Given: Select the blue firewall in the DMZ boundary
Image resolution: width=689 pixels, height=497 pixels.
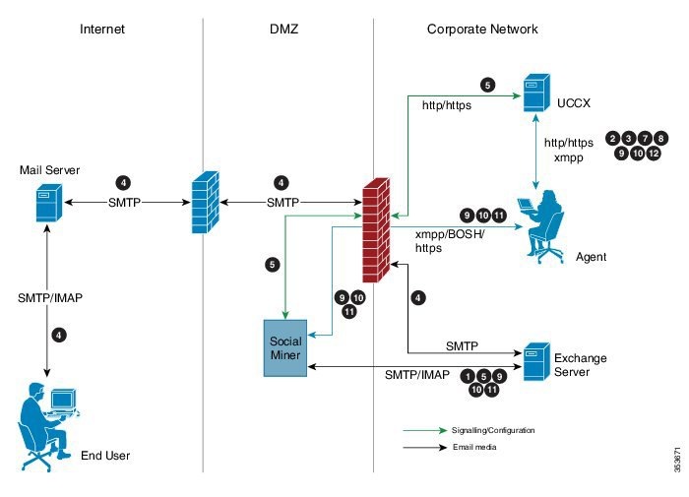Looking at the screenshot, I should tap(204, 204).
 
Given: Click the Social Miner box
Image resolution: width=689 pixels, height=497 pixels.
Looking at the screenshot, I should tap(286, 346).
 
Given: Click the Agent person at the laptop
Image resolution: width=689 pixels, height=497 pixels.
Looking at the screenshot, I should tap(541, 226).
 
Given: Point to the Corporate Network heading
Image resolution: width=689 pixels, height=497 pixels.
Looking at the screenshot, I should tap(482, 30).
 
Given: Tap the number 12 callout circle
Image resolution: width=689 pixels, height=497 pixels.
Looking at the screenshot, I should tap(654, 154).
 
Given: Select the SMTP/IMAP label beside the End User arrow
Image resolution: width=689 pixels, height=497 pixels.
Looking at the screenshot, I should tap(46, 297).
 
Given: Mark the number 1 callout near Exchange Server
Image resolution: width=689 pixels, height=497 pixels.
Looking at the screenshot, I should tap(468, 375).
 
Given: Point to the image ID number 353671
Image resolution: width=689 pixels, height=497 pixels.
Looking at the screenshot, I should tap(677, 460).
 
